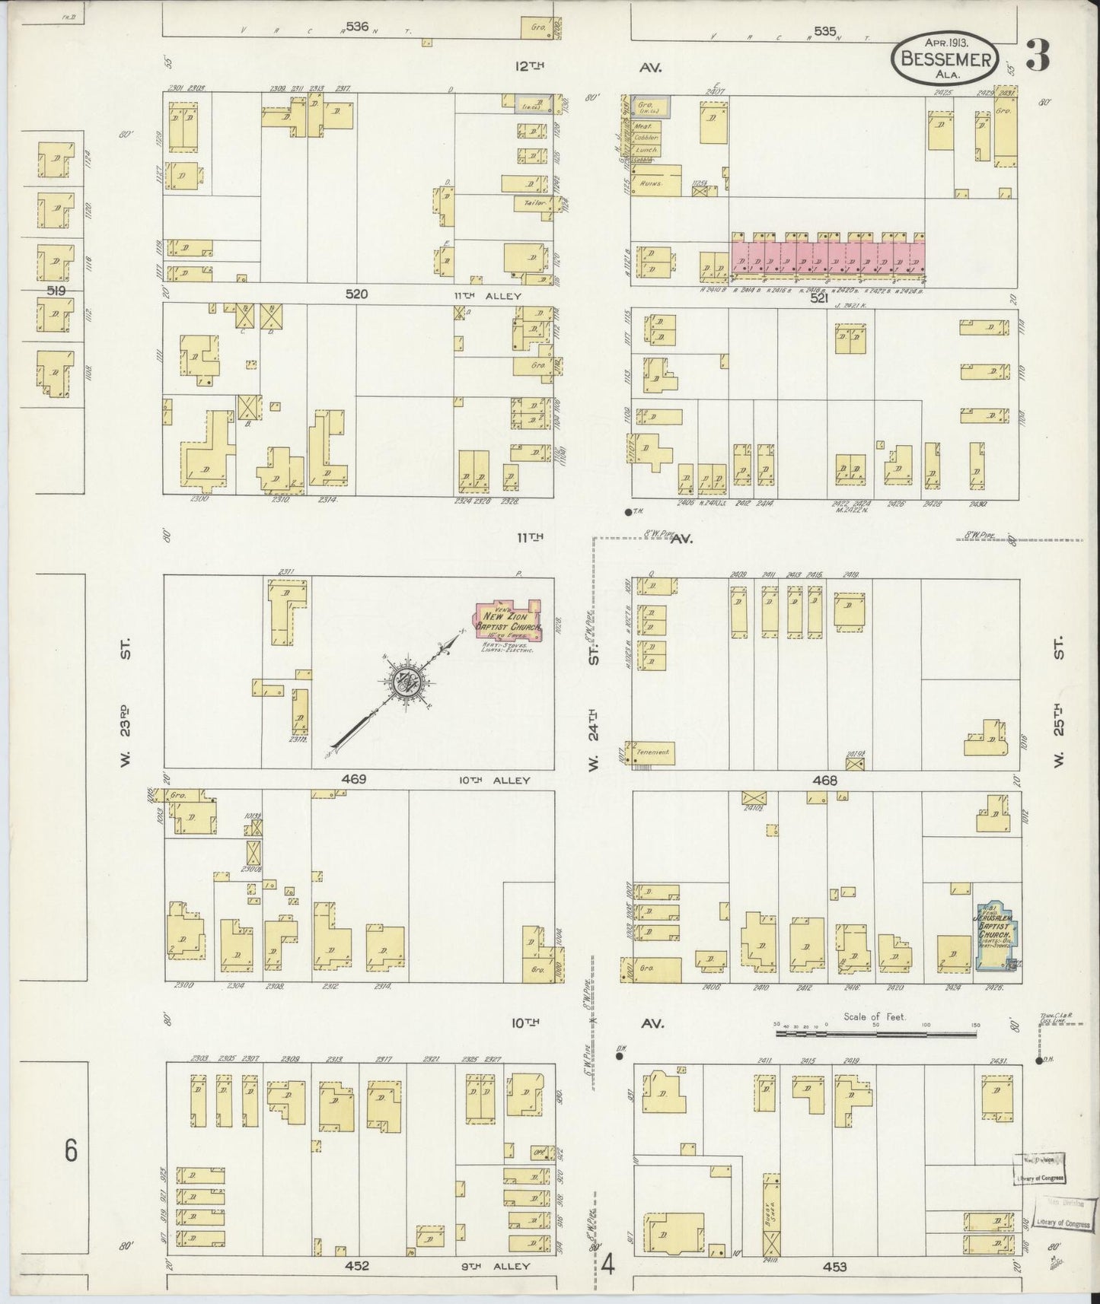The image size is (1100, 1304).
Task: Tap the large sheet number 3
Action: click(x=1038, y=55)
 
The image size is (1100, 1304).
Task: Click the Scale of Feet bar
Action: click(x=875, y=1035)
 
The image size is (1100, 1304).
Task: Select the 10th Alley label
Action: click(x=493, y=780)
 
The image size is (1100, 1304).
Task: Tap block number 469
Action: click(x=354, y=779)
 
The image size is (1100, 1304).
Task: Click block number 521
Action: click(x=818, y=299)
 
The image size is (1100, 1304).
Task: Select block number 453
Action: click(x=834, y=1267)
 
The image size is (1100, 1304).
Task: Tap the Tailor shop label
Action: click(x=526, y=203)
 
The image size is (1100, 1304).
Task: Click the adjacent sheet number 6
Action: click(x=70, y=1150)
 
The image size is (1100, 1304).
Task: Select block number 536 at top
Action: click(x=356, y=27)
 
